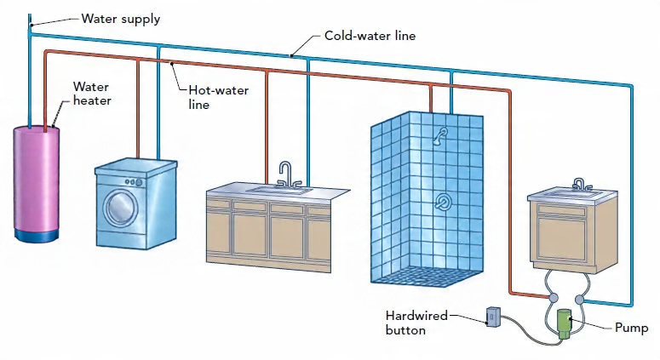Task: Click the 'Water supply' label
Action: [x=121, y=20]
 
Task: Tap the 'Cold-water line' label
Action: [x=370, y=36]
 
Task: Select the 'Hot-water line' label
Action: [x=219, y=97]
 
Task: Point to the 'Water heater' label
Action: [x=92, y=94]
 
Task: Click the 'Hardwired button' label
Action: [x=416, y=323]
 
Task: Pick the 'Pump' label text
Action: [x=631, y=328]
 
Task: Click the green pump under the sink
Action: [x=564, y=323]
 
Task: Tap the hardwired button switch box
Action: [x=493, y=317]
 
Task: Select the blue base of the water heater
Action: [x=37, y=235]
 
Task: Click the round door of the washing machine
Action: [x=121, y=208]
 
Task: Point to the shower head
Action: [x=440, y=135]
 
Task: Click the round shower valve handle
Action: [x=442, y=202]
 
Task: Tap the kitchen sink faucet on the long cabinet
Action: [x=288, y=174]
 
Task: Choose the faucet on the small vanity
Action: [x=581, y=184]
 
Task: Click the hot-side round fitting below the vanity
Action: [x=554, y=298]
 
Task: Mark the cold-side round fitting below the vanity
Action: [x=580, y=299]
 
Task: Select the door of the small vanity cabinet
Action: [x=561, y=238]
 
